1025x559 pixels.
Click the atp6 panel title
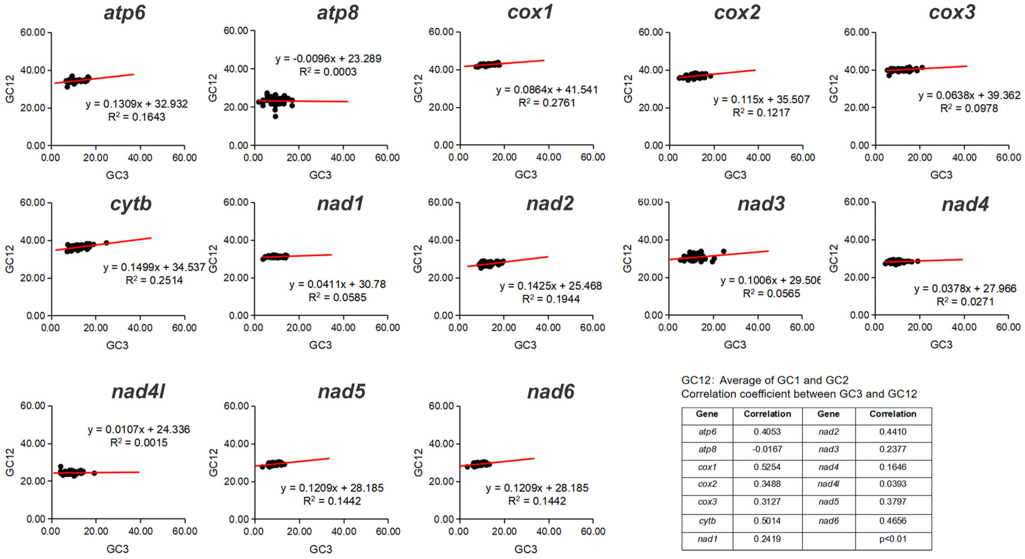click(x=124, y=13)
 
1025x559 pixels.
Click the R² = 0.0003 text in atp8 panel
click(x=328, y=72)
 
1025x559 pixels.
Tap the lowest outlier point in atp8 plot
click(x=275, y=116)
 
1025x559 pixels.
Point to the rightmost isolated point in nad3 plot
click(x=723, y=251)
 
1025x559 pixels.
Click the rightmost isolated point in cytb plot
click(x=106, y=242)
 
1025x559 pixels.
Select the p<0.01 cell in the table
click(x=893, y=539)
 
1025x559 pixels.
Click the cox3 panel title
click(x=952, y=13)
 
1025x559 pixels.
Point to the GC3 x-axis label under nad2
click(x=525, y=345)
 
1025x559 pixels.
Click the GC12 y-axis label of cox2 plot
click(x=628, y=88)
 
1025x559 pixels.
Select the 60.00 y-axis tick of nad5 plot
click(x=236, y=406)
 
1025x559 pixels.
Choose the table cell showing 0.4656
click(x=893, y=521)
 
